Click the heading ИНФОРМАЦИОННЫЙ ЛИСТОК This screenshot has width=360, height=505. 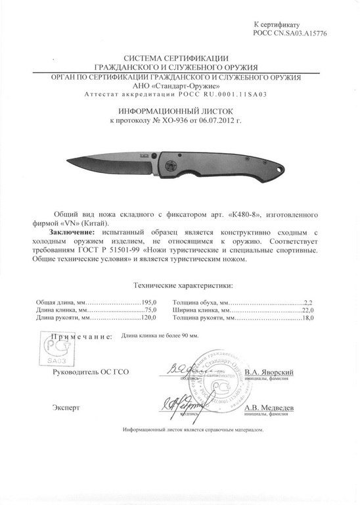(x=179, y=112)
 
